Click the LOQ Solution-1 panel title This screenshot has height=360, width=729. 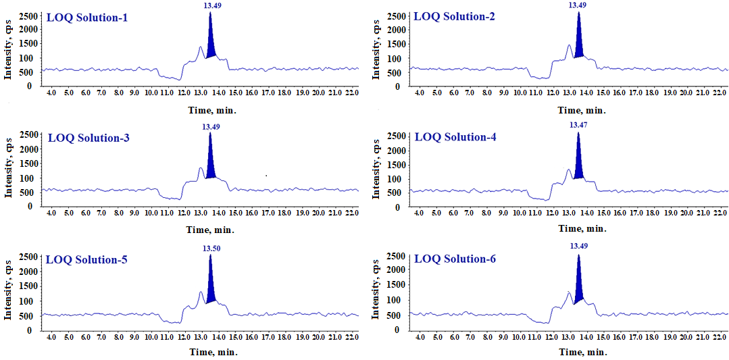(87, 17)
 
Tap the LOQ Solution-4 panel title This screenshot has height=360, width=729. (455, 137)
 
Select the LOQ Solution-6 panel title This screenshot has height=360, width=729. (455, 259)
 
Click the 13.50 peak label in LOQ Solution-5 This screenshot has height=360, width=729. (211, 249)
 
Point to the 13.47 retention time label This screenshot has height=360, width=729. (578, 125)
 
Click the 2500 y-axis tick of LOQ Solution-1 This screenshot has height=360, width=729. (25, 15)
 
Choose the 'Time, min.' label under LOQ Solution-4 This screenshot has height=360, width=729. (582, 228)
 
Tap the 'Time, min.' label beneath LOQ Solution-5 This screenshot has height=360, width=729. (213, 351)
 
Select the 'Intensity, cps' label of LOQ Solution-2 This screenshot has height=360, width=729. (376, 49)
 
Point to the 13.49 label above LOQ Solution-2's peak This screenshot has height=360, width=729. (577, 5)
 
